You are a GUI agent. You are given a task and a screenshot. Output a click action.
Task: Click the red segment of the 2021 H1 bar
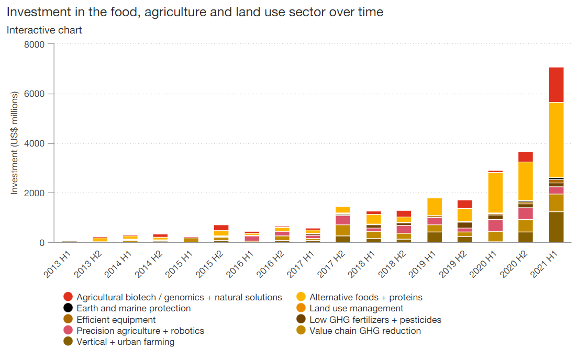click(x=556, y=85)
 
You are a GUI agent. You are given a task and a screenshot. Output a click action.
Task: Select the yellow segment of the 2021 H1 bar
click(x=556, y=140)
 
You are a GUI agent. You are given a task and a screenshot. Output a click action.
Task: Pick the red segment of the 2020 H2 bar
click(x=526, y=156)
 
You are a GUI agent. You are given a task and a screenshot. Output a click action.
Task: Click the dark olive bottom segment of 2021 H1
click(x=556, y=227)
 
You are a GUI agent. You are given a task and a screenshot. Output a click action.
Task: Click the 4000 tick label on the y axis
click(x=35, y=143)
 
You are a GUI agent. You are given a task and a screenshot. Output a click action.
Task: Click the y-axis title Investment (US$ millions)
click(x=15, y=143)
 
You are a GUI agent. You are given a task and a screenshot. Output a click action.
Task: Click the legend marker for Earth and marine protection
click(x=68, y=309)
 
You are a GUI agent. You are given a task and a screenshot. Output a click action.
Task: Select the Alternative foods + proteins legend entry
click(x=365, y=297)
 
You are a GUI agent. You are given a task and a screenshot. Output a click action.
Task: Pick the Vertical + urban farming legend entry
click(x=125, y=342)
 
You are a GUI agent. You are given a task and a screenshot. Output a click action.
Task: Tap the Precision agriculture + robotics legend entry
click(x=140, y=331)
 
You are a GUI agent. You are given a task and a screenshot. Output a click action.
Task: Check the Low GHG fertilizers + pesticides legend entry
click(x=375, y=320)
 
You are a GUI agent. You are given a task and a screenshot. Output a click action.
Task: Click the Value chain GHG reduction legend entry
click(x=365, y=331)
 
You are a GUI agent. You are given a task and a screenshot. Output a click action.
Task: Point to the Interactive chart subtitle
click(x=44, y=30)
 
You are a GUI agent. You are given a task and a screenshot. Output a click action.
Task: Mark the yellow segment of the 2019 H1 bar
click(x=435, y=207)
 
